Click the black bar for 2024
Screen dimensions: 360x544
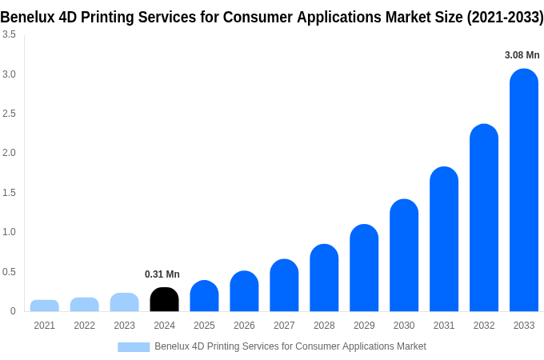point(164,299)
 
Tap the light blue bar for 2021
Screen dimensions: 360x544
point(45,306)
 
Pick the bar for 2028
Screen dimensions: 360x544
point(324,278)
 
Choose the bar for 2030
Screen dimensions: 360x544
point(404,255)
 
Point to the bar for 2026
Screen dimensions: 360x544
point(244,291)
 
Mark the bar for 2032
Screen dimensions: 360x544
point(484,218)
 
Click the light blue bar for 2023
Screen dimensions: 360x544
point(124,302)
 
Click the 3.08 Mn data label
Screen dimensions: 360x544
point(522,55)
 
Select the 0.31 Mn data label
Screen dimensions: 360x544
point(162,274)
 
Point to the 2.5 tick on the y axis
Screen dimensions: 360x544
point(9,114)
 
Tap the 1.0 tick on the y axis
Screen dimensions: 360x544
point(9,232)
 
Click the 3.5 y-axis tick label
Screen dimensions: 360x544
point(9,34)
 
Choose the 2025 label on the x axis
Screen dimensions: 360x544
point(204,326)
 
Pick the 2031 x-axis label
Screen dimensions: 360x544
point(444,326)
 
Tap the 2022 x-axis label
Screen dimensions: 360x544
point(84,326)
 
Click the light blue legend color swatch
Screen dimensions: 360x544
point(134,346)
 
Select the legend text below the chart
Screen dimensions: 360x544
point(290,346)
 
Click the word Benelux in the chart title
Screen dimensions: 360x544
point(27,17)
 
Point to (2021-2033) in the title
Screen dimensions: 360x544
point(505,17)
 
